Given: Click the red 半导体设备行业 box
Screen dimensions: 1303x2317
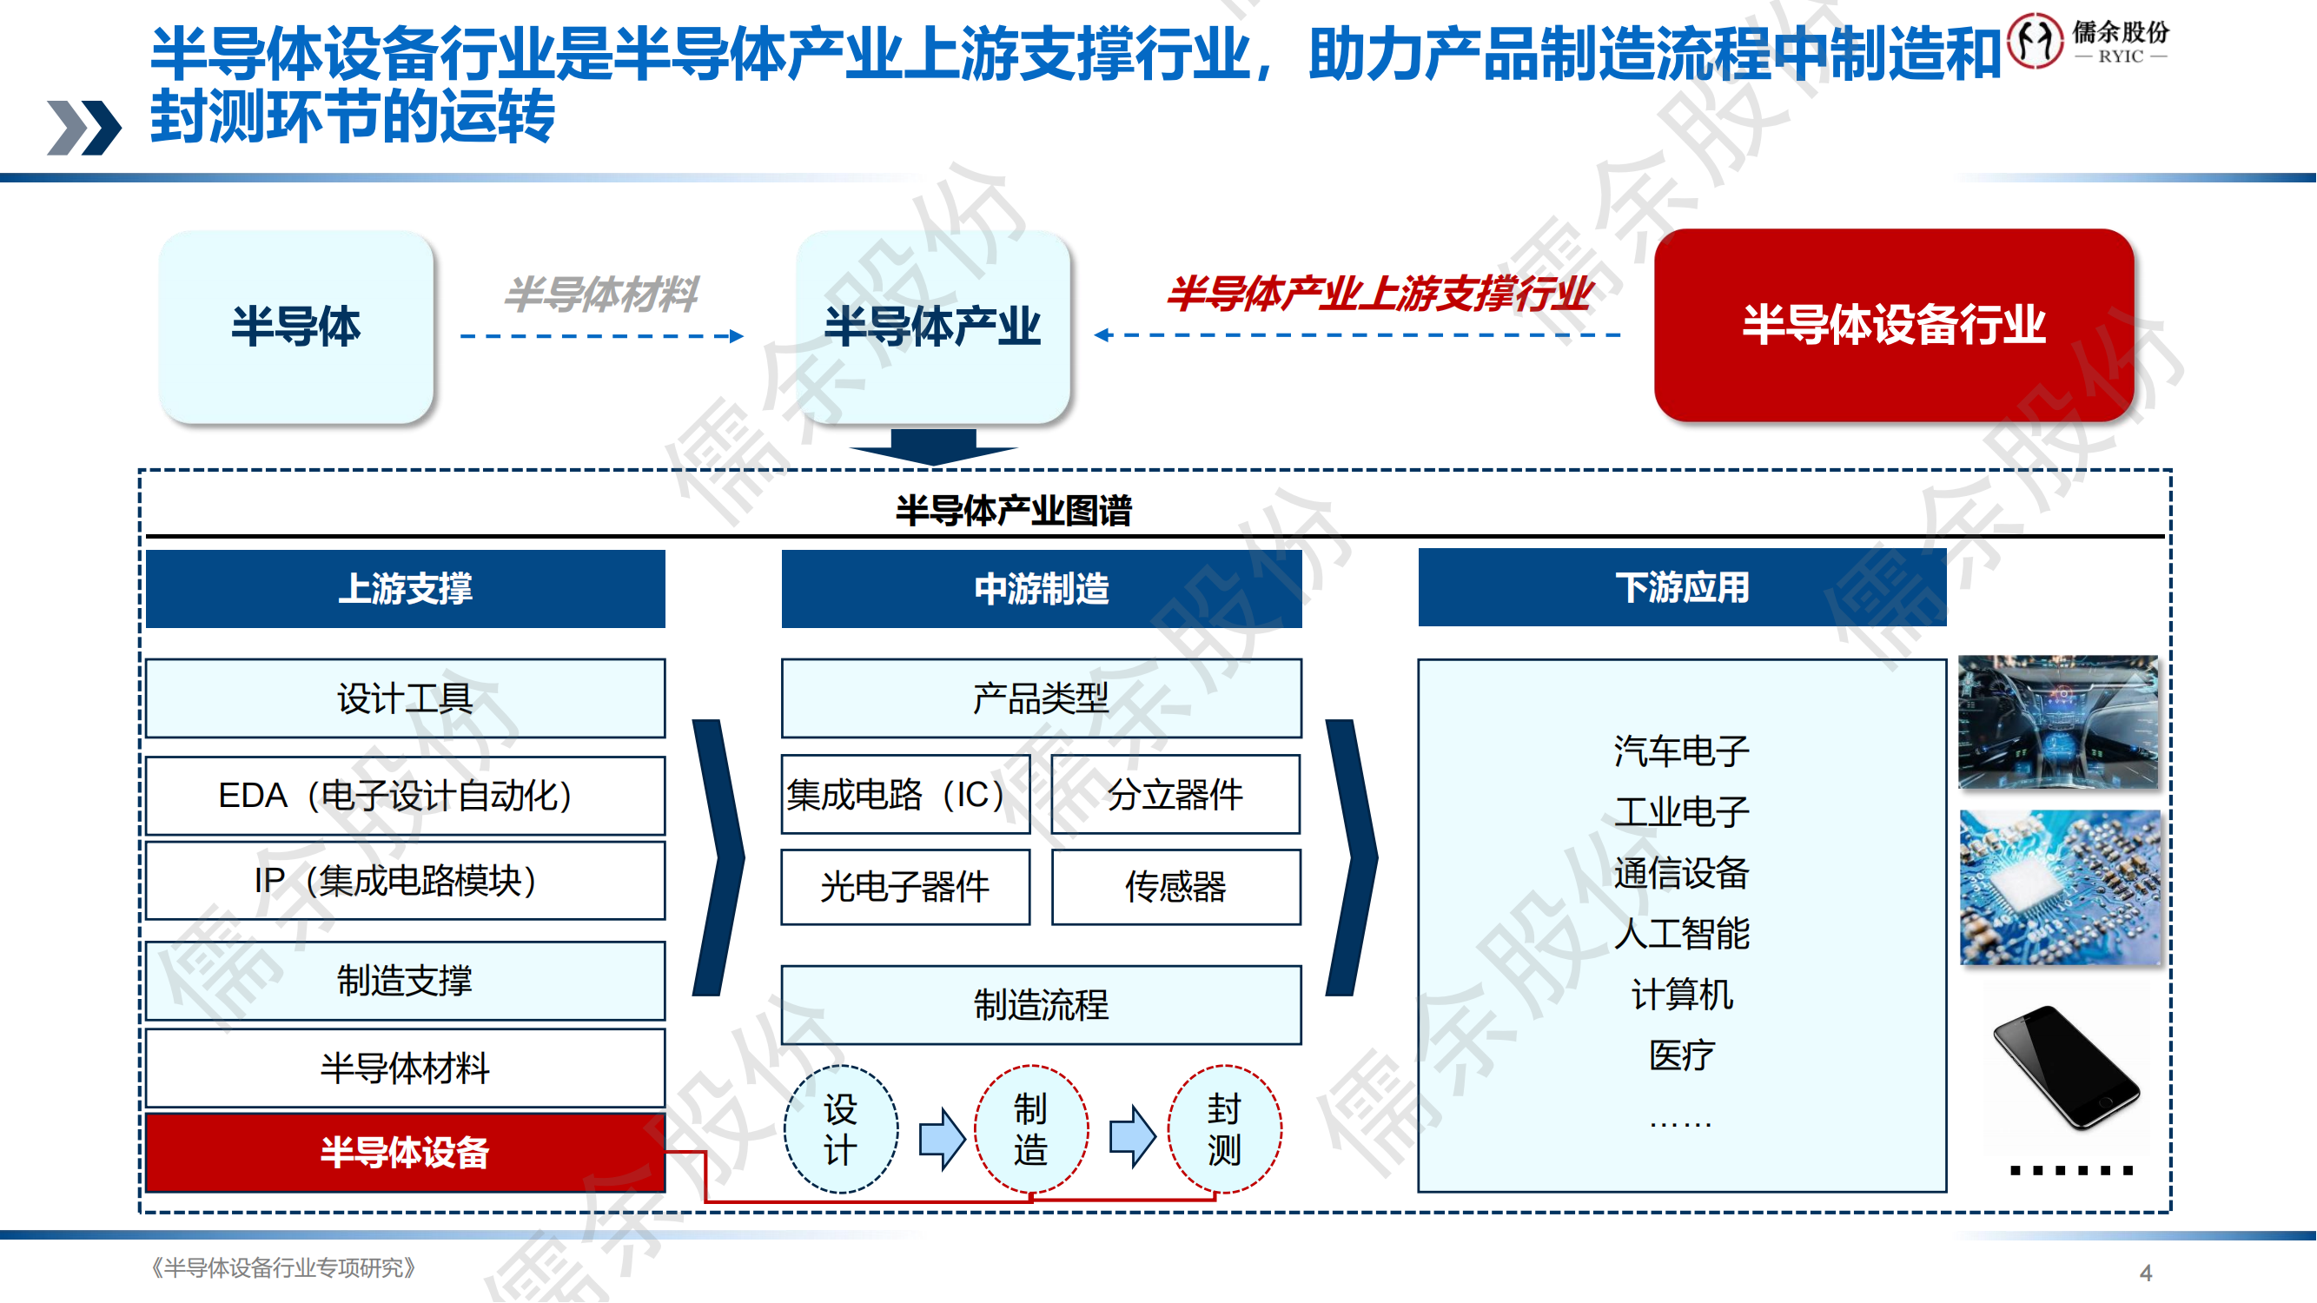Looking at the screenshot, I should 1893,325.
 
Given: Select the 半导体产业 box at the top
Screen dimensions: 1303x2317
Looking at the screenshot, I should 933,327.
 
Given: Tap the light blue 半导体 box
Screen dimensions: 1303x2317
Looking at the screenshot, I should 296,327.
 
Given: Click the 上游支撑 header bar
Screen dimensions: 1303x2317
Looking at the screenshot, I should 405,589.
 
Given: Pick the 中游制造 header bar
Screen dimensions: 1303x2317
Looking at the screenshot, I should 1041,589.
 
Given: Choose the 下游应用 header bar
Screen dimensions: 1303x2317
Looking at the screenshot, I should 1681,588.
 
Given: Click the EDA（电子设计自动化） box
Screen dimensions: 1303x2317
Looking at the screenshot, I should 405,796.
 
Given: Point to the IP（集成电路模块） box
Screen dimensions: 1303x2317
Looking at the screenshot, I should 405,880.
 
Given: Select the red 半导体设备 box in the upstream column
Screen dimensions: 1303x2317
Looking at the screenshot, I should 405,1153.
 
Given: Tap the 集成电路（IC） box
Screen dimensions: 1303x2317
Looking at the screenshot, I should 905,795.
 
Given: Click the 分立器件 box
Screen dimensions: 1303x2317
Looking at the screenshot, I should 1175,795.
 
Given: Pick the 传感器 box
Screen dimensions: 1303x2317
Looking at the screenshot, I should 1175,888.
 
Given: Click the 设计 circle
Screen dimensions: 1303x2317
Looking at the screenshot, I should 840,1129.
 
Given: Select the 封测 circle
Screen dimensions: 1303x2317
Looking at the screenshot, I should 1223,1129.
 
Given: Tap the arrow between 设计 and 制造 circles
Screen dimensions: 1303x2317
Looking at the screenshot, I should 941,1136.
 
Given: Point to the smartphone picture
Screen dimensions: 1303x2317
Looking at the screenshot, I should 2065,1068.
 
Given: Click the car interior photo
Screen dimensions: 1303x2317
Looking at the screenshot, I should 2058,722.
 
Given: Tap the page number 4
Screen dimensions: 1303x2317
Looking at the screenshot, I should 2145,1273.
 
